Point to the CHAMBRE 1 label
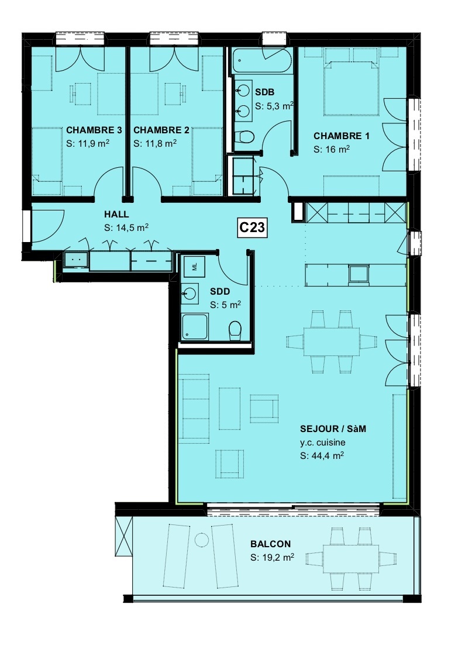click(x=342, y=136)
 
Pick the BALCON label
click(x=271, y=544)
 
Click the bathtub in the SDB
click(x=261, y=61)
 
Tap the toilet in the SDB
click(x=246, y=137)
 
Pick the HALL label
click(x=116, y=215)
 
